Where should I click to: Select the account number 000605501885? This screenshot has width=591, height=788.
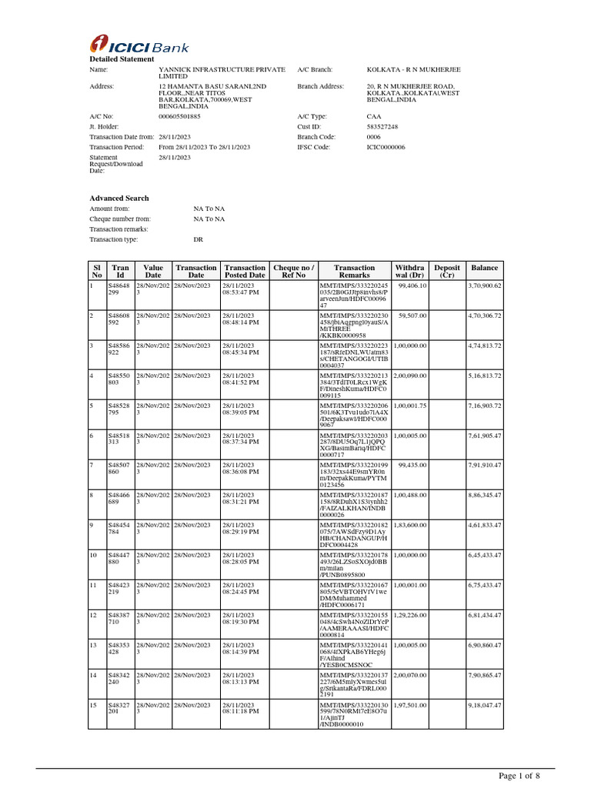point(179,116)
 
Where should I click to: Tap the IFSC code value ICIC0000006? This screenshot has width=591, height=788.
point(386,146)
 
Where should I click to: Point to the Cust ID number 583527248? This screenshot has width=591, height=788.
point(382,126)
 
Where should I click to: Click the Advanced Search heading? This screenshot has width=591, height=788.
point(119,198)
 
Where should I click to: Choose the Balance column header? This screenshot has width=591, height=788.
point(485,268)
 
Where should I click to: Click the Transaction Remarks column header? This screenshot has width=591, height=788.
point(354,271)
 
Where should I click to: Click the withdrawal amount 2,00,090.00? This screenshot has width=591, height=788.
point(410,376)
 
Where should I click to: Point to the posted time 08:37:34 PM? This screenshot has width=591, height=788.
point(241,442)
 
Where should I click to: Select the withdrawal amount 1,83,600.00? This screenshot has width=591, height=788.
point(410,526)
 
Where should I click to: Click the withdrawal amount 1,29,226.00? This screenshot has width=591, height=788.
point(410,616)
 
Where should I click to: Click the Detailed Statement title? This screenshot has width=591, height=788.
point(117,59)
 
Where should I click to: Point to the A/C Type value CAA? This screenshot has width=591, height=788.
point(374,116)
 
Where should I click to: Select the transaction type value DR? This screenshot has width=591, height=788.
point(198,239)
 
